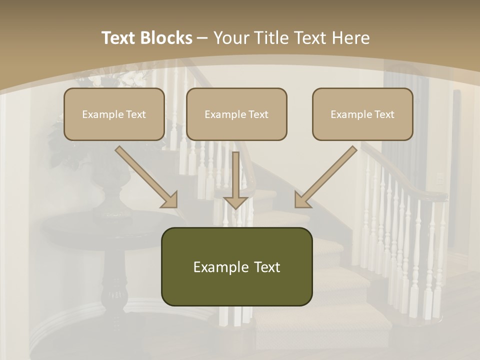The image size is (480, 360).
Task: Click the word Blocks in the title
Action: pyautogui.click(x=167, y=38)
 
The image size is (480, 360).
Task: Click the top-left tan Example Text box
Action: pyautogui.click(x=114, y=114)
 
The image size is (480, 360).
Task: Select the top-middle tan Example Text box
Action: pyautogui.click(x=236, y=114)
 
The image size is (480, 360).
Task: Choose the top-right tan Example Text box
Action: pyautogui.click(x=362, y=114)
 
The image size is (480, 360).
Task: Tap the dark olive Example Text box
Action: pyautogui.click(x=236, y=266)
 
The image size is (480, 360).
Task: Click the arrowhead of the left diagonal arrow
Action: pyautogui.click(x=170, y=200)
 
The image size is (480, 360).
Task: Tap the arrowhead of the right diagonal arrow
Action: pyautogui.click(x=302, y=200)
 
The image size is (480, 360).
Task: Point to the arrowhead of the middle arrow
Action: pyautogui.click(x=236, y=202)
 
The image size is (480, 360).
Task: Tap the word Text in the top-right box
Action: pyautogui.click(x=383, y=114)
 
